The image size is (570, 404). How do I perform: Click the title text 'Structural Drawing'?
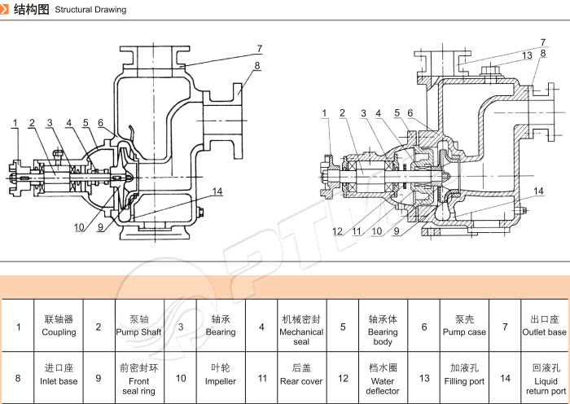point(90,10)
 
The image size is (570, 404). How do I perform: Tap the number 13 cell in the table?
point(424,378)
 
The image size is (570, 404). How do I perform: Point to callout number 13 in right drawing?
point(528,55)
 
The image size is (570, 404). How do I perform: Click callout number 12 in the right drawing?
point(337,231)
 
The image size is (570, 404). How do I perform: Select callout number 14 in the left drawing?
point(217,191)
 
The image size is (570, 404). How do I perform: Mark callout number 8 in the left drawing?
point(257,65)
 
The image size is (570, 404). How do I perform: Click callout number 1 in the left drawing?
point(15,123)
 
